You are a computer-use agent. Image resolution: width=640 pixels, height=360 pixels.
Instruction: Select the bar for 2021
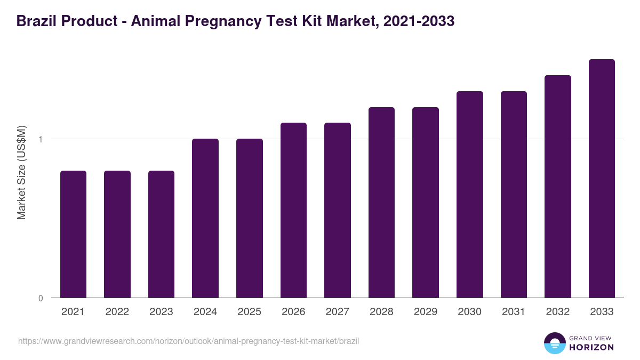click(x=73, y=234)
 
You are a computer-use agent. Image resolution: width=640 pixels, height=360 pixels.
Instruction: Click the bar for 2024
click(x=205, y=218)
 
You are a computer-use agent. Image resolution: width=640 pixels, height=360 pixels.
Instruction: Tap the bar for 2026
click(x=293, y=210)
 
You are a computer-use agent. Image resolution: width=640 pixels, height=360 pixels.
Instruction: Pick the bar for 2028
click(x=381, y=202)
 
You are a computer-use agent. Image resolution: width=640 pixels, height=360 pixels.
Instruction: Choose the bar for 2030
click(x=470, y=194)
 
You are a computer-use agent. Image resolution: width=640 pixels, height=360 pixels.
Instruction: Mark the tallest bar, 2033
click(x=602, y=178)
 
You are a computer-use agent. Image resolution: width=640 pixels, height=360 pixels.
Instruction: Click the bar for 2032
click(x=558, y=186)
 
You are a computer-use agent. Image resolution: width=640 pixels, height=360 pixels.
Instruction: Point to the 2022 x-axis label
click(x=117, y=312)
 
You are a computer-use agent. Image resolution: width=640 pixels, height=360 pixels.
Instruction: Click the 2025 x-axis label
click(x=250, y=312)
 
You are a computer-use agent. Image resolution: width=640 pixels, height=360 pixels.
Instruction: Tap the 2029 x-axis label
click(x=426, y=312)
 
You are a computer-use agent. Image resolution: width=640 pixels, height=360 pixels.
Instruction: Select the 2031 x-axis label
click(x=514, y=312)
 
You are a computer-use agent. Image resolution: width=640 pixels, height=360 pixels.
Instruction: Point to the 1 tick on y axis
click(x=41, y=139)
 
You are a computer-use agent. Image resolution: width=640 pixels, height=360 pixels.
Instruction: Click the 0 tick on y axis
click(x=41, y=298)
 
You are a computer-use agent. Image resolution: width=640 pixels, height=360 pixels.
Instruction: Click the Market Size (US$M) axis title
click(x=21, y=173)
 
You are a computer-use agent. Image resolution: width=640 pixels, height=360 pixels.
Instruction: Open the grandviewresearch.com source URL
click(x=188, y=341)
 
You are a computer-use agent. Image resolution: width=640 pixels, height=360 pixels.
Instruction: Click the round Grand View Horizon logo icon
click(x=554, y=343)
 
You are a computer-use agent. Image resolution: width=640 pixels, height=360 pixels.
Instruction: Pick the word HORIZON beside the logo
click(x=591, y=347)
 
